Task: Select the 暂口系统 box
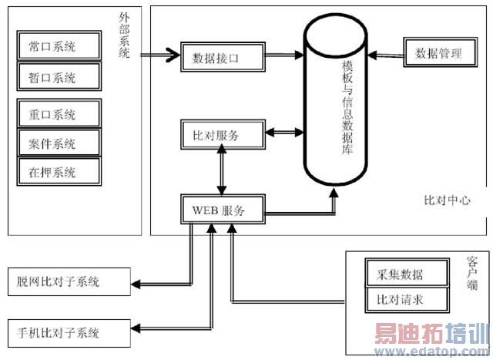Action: (59, 76)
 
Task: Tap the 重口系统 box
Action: (59, 116)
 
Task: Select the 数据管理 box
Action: (438, 53)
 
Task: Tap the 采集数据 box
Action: (404, 272)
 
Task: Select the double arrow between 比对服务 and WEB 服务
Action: (223, 172)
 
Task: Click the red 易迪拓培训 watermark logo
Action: (431, 336)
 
